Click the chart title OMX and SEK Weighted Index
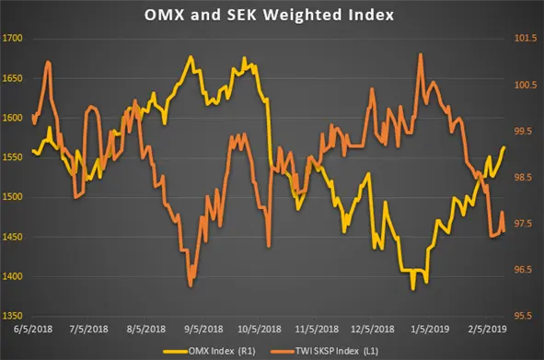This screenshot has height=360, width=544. [x=272, y=15]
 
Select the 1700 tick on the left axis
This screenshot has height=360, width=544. [x=17, y=40]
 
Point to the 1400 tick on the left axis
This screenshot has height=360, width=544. [x=17, y=276]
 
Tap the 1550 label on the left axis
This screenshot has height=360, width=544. [x=17, y=158]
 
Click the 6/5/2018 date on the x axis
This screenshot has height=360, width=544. [x=32, y=328]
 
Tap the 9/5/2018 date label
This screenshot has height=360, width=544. [x=204, y=328]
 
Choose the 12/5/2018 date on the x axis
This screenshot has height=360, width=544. [x=374, y=328]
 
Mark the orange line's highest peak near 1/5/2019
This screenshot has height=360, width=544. [x=421, y=53]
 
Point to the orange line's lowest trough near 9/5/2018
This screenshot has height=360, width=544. [x=190, y=286]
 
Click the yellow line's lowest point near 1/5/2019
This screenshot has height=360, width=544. [x=413, y=289]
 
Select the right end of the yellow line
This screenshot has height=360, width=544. [x=504, y=146]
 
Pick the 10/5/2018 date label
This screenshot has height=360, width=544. [x=261, y=328]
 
